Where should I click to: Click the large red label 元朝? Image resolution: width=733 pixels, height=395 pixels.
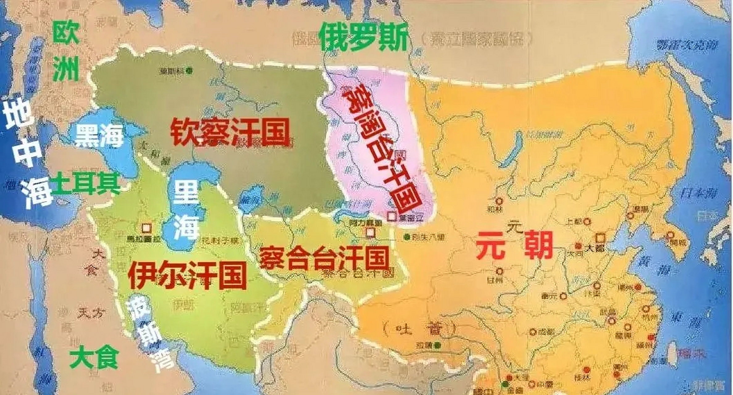point(514,245)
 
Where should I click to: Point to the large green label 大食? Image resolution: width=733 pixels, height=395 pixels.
point(94,357)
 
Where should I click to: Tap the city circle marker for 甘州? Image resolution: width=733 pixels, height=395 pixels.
point(499,272)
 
